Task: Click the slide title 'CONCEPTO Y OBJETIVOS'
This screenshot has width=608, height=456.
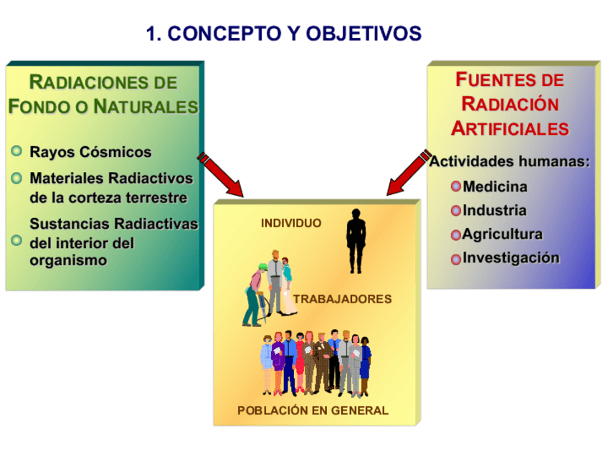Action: pos(294,34)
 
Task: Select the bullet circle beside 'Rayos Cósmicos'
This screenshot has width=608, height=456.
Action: pos(16,151)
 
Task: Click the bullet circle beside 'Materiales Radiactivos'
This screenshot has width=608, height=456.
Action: pos(16,178)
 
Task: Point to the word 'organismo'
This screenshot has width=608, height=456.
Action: pos(68,260)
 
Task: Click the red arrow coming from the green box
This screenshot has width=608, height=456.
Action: pos(220,174)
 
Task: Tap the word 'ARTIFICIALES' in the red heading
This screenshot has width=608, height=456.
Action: pos(510,128)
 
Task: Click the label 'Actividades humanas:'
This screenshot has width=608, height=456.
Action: pos(510,161)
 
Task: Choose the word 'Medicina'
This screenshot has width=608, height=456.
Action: pos(495,186)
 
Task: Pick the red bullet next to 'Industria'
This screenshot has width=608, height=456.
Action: pos(456,211)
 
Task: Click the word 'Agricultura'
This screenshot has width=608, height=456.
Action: pos(503,234)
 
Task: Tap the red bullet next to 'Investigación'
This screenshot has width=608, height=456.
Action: pos(456,259)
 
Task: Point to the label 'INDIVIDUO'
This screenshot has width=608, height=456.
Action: pos(291,224)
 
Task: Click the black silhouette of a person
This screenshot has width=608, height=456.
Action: pos(356,241)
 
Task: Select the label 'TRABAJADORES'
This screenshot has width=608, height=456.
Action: pos(343,299)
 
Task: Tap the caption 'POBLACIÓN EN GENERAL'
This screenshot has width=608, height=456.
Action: pos(313,410)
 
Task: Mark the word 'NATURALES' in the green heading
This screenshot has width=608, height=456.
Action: pos(146,107)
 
